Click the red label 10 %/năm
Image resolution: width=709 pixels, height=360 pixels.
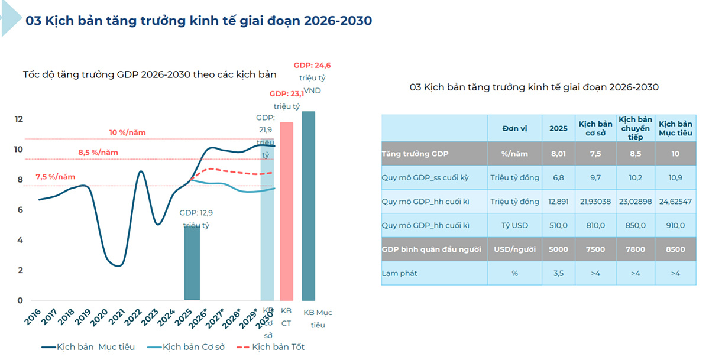pyautogui.click(x=127, y=132)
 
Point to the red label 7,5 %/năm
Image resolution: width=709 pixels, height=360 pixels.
pyautogui.click(x=56, y=177)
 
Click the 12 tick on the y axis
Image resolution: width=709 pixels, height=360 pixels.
pyautogui.click(x=18, y=119)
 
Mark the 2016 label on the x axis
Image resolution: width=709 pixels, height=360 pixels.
pyautogui.click(x=34, y=316)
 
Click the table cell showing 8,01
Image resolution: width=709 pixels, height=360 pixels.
pyautogui.click(x=558, y=153)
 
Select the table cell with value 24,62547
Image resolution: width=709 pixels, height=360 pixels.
pyautogui.click(x=675, y=202)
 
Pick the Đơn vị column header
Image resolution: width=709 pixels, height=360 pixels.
pyautogui.click(x=514, y=128)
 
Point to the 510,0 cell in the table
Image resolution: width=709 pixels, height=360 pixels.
pyautogui.click(x=558, y=225)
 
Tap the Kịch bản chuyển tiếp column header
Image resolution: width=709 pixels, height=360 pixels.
pyautogui.click(x=635, y=128)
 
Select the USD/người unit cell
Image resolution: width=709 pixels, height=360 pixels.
pyautogui.click(x=514, y=249)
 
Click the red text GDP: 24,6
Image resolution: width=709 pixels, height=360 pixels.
pyautogui.click(x=312, y=65)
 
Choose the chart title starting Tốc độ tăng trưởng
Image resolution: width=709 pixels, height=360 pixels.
pyautogui.click(x=150, y=75)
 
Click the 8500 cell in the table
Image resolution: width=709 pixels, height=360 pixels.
pyautogui.click(x=675, y=249)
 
